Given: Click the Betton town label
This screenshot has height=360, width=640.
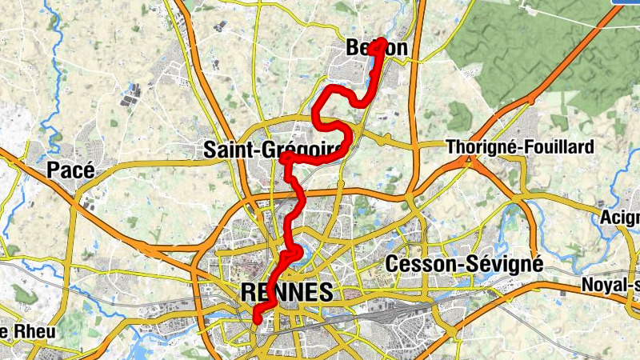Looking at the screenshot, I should coord(377,48).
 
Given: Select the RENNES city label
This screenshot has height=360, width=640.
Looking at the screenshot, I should coord(286,292).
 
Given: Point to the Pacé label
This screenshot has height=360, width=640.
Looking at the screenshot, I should coord(70,170).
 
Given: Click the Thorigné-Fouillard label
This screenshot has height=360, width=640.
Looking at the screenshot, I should coord(520,147).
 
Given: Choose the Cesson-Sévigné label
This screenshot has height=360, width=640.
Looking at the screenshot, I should coord(464,263).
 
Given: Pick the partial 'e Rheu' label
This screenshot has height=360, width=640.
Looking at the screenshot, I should coord(16,331).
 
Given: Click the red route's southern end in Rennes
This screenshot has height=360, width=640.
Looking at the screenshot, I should coord(258,320).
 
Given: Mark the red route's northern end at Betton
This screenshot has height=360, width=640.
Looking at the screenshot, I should coord(382,41).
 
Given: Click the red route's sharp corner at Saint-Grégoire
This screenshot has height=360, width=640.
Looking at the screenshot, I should coord(284,159).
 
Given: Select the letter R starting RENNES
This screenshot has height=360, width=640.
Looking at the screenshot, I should coord(248,292).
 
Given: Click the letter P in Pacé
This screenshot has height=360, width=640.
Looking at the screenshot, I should coord(54,170).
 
